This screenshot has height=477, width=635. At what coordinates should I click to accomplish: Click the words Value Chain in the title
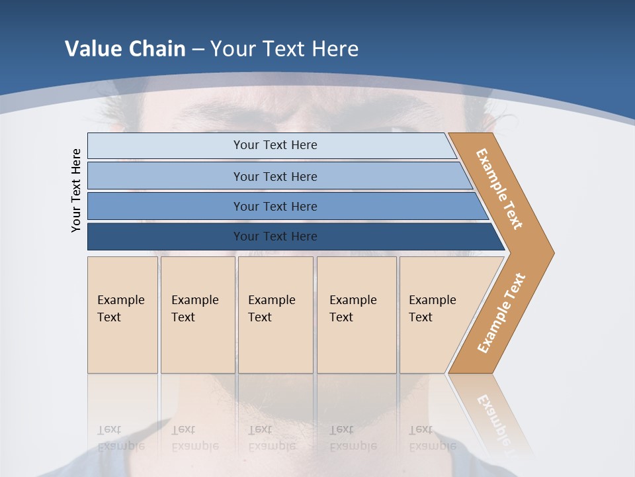coord(125,48)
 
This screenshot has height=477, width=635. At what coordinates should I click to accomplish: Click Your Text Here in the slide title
coord(284,48)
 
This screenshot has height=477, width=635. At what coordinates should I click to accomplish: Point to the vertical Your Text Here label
coord(76,190)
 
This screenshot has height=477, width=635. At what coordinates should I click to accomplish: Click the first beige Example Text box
coord(122,315)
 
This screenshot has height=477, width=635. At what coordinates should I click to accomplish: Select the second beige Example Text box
coord(197,315)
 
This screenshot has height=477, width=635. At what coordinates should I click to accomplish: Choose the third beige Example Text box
coord(275,315)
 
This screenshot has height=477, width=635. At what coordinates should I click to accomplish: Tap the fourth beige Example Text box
coord(357,315)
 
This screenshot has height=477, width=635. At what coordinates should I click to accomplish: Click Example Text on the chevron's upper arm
coord(499,189)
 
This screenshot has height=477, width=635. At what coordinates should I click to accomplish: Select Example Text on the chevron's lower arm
coord(501,313)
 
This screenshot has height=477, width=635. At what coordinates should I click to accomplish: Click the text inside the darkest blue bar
coord(275,237)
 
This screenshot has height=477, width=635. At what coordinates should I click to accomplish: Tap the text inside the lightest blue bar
coord(275,145)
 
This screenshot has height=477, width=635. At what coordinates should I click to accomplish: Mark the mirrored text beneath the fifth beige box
coord(431,438)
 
